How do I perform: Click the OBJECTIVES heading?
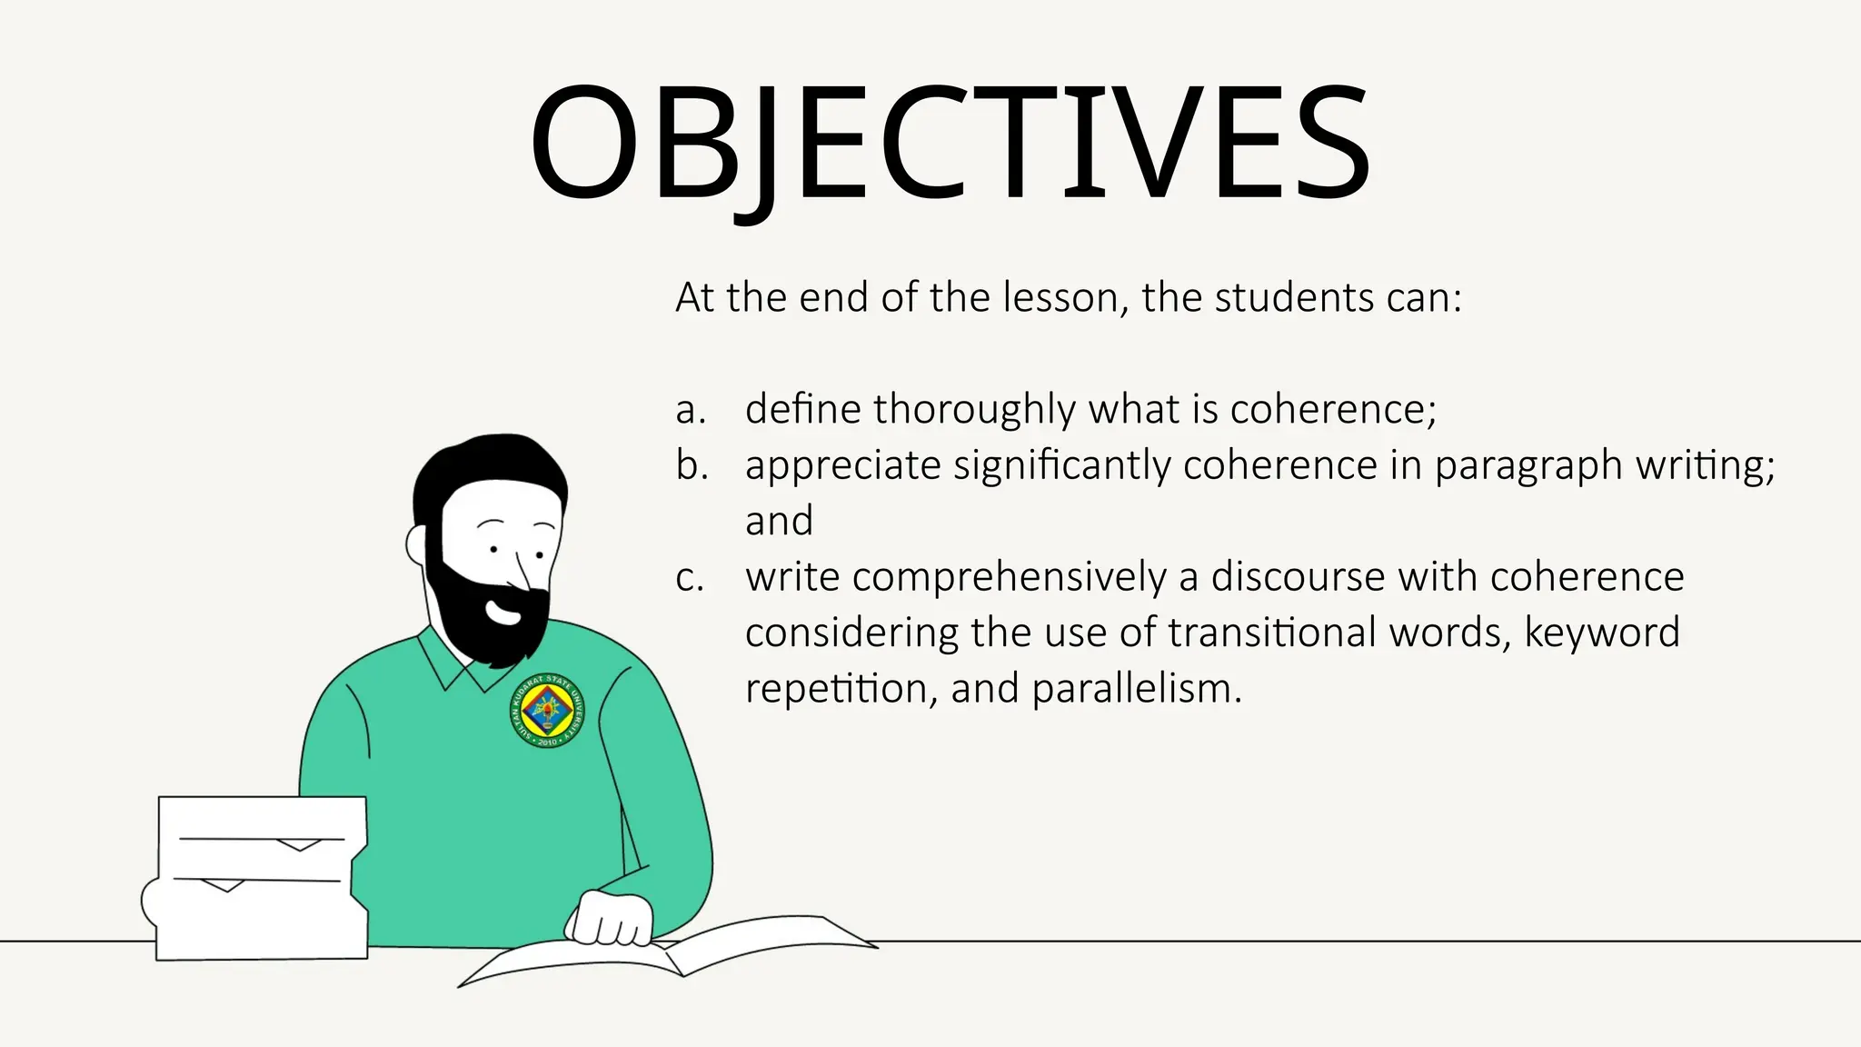point(950,144)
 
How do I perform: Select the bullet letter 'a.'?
point(691,410)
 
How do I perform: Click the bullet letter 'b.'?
point(692,465)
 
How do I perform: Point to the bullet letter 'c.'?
point(690,578)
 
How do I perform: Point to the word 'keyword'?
point(1601,633)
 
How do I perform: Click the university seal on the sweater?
point(547,711)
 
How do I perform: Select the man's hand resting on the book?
point(610,920)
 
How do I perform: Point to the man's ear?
point(417,544)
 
